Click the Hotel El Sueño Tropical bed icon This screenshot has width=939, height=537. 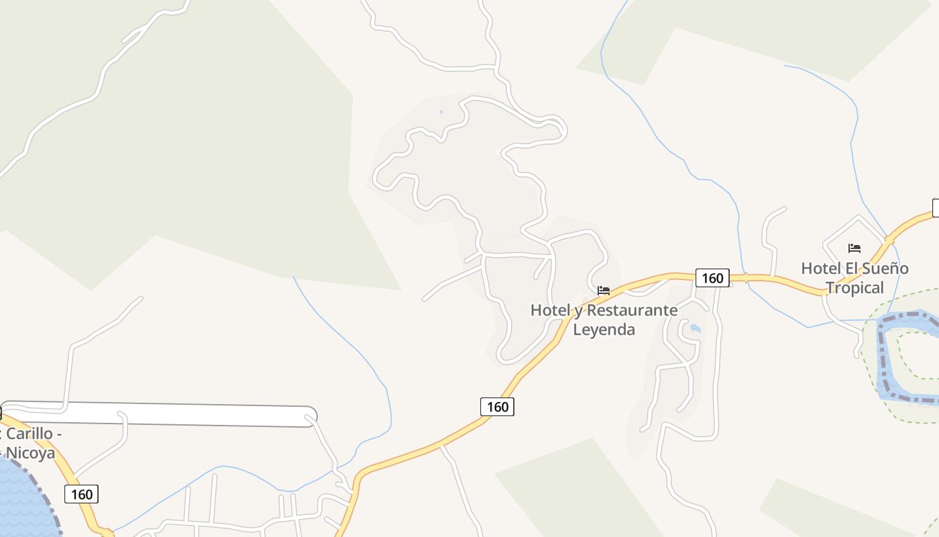tap(854, 248)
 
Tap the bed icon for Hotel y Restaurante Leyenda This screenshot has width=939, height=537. tap(604, 291)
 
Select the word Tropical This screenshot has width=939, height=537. tap(854, 288)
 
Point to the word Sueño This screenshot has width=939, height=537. tap(885, 268)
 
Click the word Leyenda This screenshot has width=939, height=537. tap(604, 330)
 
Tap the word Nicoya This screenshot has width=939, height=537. tap(30, 453)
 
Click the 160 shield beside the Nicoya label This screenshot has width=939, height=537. tap(82, 495)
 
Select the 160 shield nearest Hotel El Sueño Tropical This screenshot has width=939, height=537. tap(712, 278)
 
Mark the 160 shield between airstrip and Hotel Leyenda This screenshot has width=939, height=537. tap(497, 407)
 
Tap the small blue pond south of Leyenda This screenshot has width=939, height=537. tap(695, 328)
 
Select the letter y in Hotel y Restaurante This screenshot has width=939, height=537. tap(576, 311)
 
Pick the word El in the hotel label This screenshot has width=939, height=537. tap(850, 268)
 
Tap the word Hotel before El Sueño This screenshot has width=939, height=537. tap(820, 268)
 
